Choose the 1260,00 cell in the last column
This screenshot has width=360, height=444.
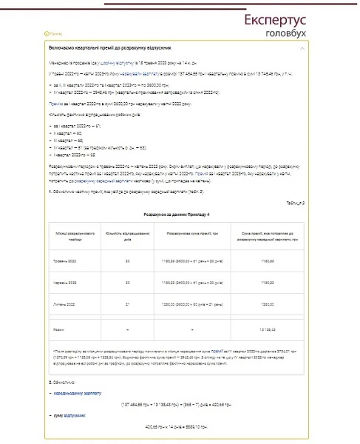[x=268, y=303]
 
